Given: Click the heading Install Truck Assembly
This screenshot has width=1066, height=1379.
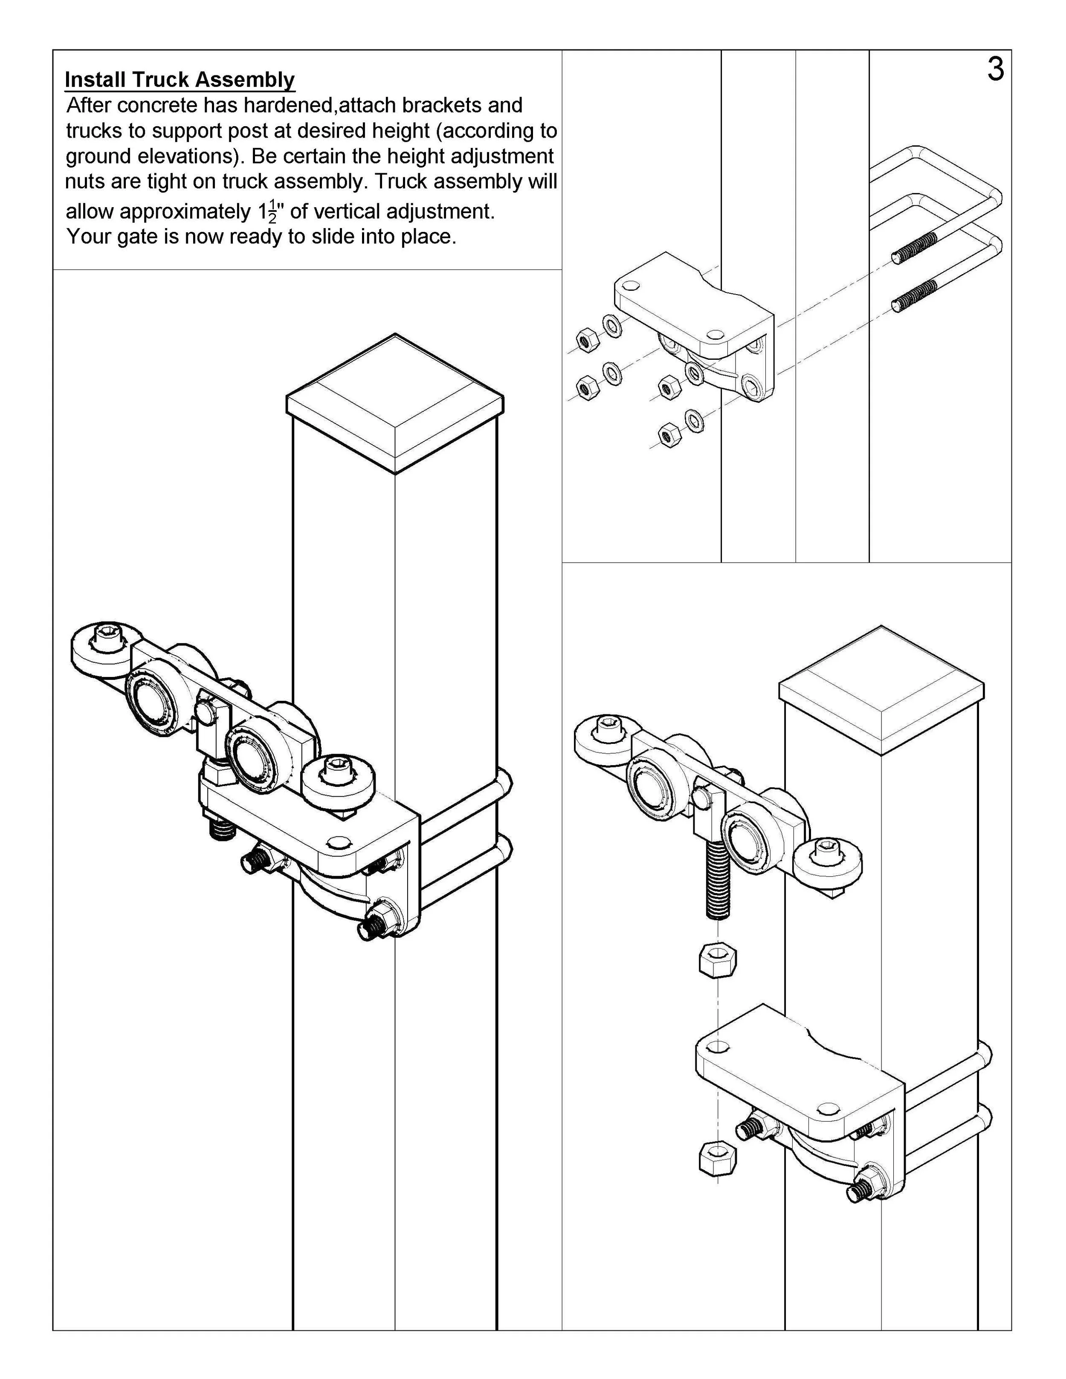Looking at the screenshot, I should pos(180,80).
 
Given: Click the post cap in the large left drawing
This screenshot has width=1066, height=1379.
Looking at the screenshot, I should pos(395,404).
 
